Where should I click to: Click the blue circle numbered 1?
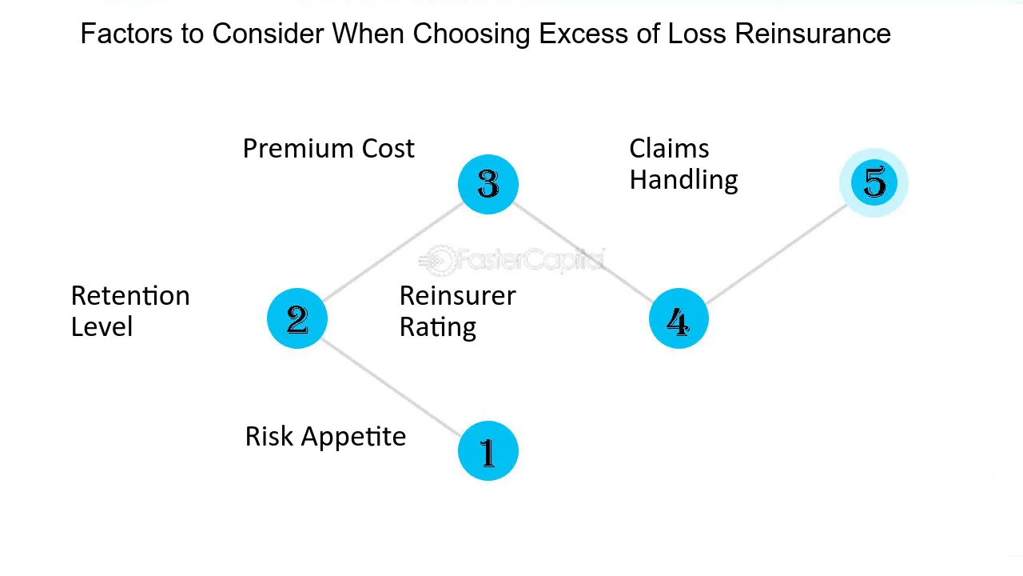488,450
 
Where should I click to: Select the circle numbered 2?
297,318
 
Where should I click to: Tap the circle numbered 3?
488,184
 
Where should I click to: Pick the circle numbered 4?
679,318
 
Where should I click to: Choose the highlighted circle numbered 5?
874,182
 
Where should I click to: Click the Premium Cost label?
328,149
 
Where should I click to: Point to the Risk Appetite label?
325,437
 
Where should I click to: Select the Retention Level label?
130,311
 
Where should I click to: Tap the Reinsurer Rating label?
458,312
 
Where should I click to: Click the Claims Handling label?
683,164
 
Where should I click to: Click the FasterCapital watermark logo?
511,260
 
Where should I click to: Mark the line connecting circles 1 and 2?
391,388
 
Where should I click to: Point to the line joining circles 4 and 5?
777,254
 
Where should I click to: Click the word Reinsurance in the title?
813,34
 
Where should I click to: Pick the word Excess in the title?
583,34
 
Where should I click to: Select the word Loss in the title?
697,34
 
